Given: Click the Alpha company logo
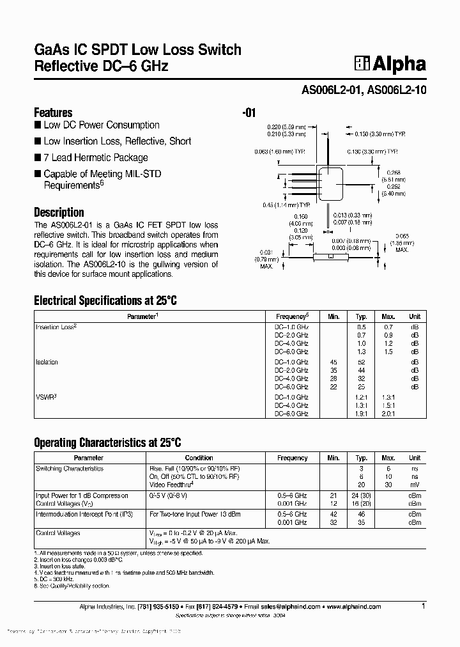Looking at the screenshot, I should click(x=390, y=64).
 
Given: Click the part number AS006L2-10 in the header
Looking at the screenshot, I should click(x=397, y=91).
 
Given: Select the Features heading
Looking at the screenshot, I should click(x=53, y=112).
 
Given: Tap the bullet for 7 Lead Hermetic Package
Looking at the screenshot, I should click(x=38, y=158).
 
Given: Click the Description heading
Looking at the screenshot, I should click(x=59, y=212).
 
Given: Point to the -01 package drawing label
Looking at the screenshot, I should click(x=249, y=113).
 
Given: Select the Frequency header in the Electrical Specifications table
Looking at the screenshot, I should click(x=292, y=316).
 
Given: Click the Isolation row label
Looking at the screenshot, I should click(x=47, y=362).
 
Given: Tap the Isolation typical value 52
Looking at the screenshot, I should click(x=361, y=362).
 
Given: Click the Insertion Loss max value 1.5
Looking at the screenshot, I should click(x=388, y=352).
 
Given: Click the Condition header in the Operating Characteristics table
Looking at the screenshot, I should click(x=199, y=458).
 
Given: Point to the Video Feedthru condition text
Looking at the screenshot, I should click(x=171, y=485).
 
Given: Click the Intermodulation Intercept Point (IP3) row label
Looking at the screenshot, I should click(x=84, y=514).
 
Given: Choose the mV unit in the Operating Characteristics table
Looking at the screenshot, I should click(x=415, y=485).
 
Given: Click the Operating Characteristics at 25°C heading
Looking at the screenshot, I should click(x=107, y=442).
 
